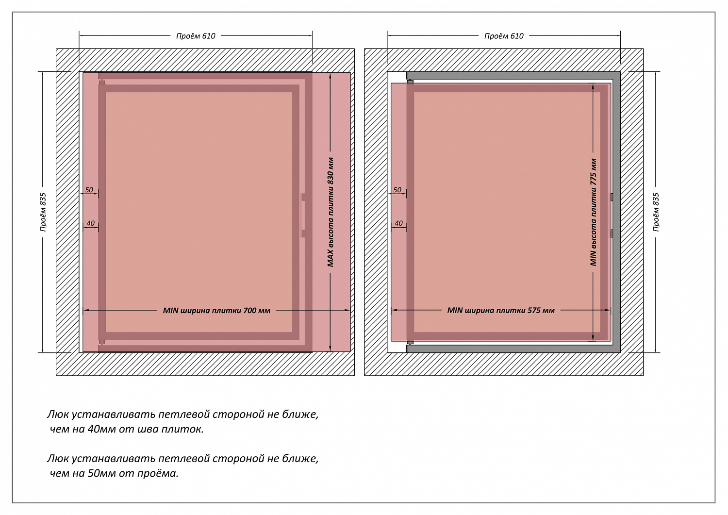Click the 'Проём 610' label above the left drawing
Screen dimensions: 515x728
[196, 36]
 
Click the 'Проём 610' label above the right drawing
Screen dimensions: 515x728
[504, 36]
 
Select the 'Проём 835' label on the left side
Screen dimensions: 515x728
[43, 212]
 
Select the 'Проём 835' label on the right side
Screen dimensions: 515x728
[656, 212]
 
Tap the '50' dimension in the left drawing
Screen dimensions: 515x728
[89, 190]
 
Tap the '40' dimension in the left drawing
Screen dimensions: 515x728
[90, 223]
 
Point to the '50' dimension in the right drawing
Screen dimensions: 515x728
[397, 190]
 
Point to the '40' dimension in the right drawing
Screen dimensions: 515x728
[398, 223]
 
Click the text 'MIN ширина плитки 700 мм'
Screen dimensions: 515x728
[216, 311]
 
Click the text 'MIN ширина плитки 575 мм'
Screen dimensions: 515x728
[500, 311]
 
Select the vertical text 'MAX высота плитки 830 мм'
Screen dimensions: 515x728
[331, 212]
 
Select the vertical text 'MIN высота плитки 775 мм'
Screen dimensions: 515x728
[593, 212]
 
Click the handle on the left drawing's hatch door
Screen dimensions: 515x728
[303, 215]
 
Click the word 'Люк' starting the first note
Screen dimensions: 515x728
[58, 415]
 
